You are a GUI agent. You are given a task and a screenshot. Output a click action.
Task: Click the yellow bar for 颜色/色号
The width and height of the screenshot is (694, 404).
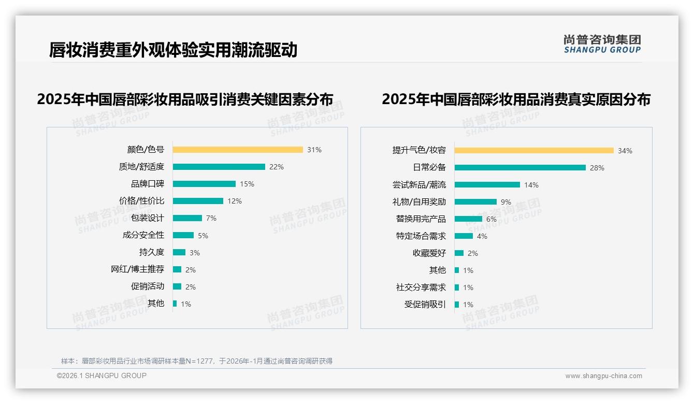(x=238, y=150)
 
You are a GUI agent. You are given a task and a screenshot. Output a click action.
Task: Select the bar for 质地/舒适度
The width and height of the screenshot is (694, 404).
(x=219, y=167)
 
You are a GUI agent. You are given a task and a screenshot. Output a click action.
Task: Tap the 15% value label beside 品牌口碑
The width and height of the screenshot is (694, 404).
(x=247, y=184)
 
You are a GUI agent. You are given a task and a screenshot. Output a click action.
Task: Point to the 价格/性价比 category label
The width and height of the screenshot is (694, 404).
(x=141, y=200)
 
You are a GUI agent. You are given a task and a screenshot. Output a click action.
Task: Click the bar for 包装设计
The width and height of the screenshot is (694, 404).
(x=187, y=218)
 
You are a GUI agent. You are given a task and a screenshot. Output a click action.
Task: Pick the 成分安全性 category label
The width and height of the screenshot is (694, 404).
(x=143, y=235)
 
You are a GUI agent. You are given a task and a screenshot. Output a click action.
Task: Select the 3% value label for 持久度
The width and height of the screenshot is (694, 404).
(x=194, y=253)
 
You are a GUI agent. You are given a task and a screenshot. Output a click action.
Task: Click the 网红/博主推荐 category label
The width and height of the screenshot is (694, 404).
(x=137, y=269)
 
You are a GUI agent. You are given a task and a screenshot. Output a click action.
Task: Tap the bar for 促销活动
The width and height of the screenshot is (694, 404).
(x=177, y=286)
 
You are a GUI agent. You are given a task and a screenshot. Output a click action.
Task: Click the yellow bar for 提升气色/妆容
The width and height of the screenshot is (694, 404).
(x=534, y=151)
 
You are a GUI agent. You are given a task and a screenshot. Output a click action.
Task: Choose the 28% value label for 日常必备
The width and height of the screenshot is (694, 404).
(x=597, y=168)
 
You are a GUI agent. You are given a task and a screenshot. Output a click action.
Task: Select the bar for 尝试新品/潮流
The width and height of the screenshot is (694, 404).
(x=487, y=184)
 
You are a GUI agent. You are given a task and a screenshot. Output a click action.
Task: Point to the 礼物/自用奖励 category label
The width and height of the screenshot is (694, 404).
(x=419, y=201)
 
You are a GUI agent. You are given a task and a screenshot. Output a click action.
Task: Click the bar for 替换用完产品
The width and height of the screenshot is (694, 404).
(x=468, y=219)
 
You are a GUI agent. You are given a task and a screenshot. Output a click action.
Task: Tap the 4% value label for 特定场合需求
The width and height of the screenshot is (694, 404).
(x=482, y=236)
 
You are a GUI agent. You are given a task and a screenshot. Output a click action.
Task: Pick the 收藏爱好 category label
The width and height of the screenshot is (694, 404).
(x=429, y=253)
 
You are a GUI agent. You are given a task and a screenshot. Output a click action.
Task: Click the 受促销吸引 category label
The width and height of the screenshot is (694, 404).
(x=425, y=304)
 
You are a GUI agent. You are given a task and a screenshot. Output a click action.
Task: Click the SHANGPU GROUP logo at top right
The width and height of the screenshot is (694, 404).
(x=602, y=44)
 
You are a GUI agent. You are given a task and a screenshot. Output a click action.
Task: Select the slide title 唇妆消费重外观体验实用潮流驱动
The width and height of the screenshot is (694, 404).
(x=173, y=50)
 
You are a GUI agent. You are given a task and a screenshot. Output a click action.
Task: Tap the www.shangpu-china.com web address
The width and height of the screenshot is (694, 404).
(x=603, y=376)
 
